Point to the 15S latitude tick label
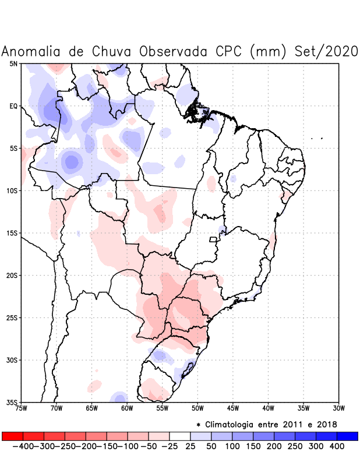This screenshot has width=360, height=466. tap(12, 233)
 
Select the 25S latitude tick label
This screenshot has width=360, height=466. tap(12, 317)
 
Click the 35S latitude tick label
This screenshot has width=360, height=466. tap(12, 402)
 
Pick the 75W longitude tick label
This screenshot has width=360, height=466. tap(21, 408)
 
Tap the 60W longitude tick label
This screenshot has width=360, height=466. tap(127, 408)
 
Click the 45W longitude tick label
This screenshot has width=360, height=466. tap(232, 408)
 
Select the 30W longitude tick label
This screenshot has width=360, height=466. tap(338, 408)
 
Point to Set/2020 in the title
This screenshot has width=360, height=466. tap(324, 51)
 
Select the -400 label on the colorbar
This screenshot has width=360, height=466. tap(23, 446)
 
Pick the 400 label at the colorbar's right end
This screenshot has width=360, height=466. tap(337, 446)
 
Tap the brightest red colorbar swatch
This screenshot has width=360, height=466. tap(13, 436)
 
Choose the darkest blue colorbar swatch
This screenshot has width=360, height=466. tap(347, 436)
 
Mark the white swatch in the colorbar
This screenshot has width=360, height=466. tap(180, 436)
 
